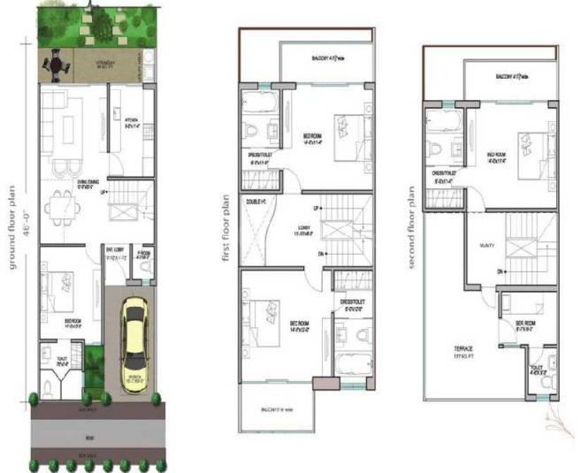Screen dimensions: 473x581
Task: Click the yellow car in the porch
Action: point(134,345)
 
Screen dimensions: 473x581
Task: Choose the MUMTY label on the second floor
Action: point(486,245)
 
